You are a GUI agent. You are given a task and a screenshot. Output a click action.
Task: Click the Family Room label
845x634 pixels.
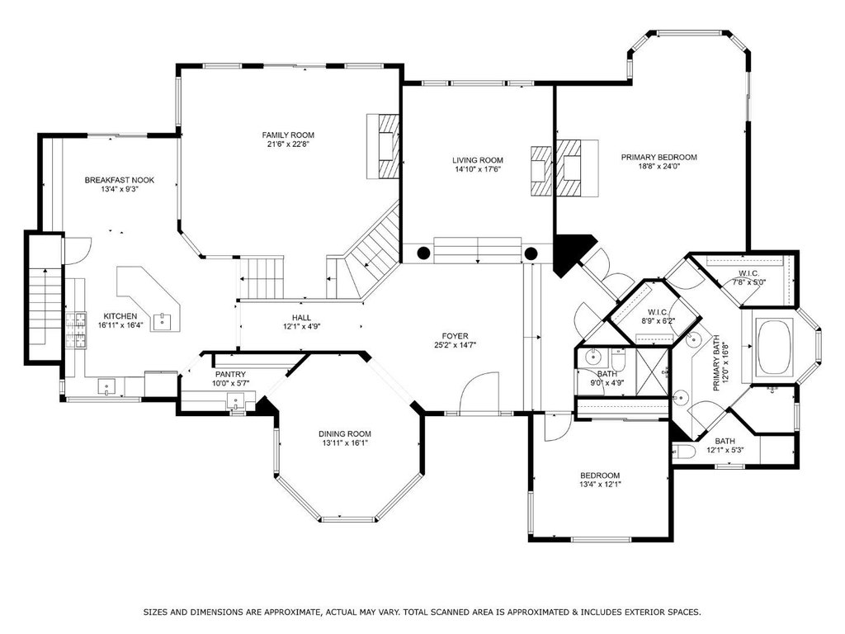(x=288, y=135)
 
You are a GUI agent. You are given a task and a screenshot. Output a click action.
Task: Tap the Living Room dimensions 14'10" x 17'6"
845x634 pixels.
(x=478, y=169)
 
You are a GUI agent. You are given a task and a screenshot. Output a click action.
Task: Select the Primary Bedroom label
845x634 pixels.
(x=659, y=158)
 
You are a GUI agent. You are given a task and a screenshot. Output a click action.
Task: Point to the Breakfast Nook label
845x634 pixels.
(x=119, y=180)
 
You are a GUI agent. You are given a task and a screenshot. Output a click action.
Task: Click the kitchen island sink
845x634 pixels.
(x=162, y=321)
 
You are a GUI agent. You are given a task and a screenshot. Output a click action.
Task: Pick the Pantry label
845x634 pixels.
(x=230, y=374)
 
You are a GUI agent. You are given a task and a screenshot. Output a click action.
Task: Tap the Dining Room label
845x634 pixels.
(x=344, y=434)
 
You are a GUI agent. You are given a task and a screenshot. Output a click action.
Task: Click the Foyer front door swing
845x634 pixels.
(x=478, y=390)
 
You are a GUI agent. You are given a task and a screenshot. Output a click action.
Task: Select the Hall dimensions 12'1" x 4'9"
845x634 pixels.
(x=302, y=327)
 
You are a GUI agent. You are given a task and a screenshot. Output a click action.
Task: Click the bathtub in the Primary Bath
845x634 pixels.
(x=775, y=348)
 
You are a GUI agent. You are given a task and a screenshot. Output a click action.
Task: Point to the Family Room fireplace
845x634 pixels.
(x=383, y=145)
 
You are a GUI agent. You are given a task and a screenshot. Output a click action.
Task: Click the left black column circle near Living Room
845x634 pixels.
(x=423, y=253)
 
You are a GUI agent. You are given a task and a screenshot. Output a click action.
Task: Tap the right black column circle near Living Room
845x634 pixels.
(x=531, y=253)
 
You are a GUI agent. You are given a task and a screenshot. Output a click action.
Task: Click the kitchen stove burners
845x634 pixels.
(x=76, y=329)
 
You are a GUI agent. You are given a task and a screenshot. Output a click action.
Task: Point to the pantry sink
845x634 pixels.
(x=235, y=401)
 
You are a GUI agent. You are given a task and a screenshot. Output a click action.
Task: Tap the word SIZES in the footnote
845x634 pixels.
(x=155, y=613)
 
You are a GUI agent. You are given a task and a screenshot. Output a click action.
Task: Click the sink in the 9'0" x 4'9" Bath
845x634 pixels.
(x=592, y=357)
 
